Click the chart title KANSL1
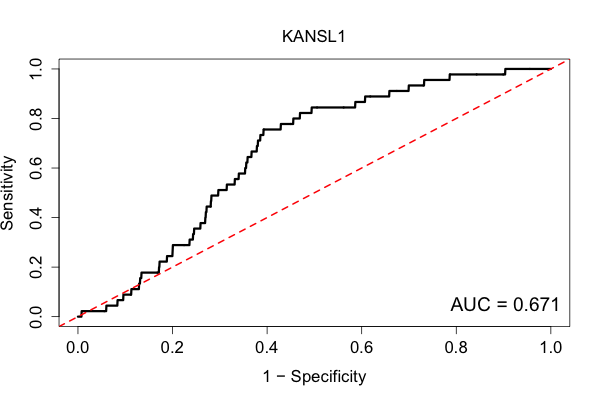[314, 36]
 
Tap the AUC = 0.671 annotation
[505, 305]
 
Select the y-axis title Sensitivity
[7, 193]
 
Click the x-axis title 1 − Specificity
[315, 377]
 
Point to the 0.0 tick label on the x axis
[78, 348]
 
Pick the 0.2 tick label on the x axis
[172, 348]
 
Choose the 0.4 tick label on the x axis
[267, 348]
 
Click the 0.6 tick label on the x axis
[361, 348]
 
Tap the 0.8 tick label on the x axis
[456, 348]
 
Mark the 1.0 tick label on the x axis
[551, 348]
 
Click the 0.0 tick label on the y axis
[36, 317]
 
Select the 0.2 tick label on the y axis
[36, 267]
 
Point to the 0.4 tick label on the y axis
[36, 217]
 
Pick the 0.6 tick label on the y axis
[36, 168]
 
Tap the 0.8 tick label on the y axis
[36, 118]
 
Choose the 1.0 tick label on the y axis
[36, 69]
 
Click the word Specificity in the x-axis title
[328, 377]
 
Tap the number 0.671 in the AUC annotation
[536, 305]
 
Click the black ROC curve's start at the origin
[78, 317]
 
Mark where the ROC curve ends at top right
[551, 69]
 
